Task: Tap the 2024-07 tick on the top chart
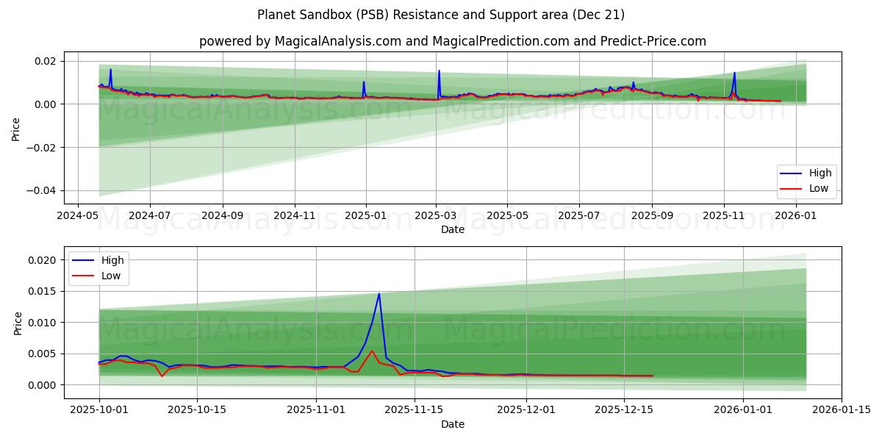149,215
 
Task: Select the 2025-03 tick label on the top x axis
437,215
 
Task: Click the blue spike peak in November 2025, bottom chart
379,294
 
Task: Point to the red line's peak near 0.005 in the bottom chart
372,351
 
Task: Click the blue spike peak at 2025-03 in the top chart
439,71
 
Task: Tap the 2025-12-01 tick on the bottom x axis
526,410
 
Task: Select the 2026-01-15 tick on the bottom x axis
842,410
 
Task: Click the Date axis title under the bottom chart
453,424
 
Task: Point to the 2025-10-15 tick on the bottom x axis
197,410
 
